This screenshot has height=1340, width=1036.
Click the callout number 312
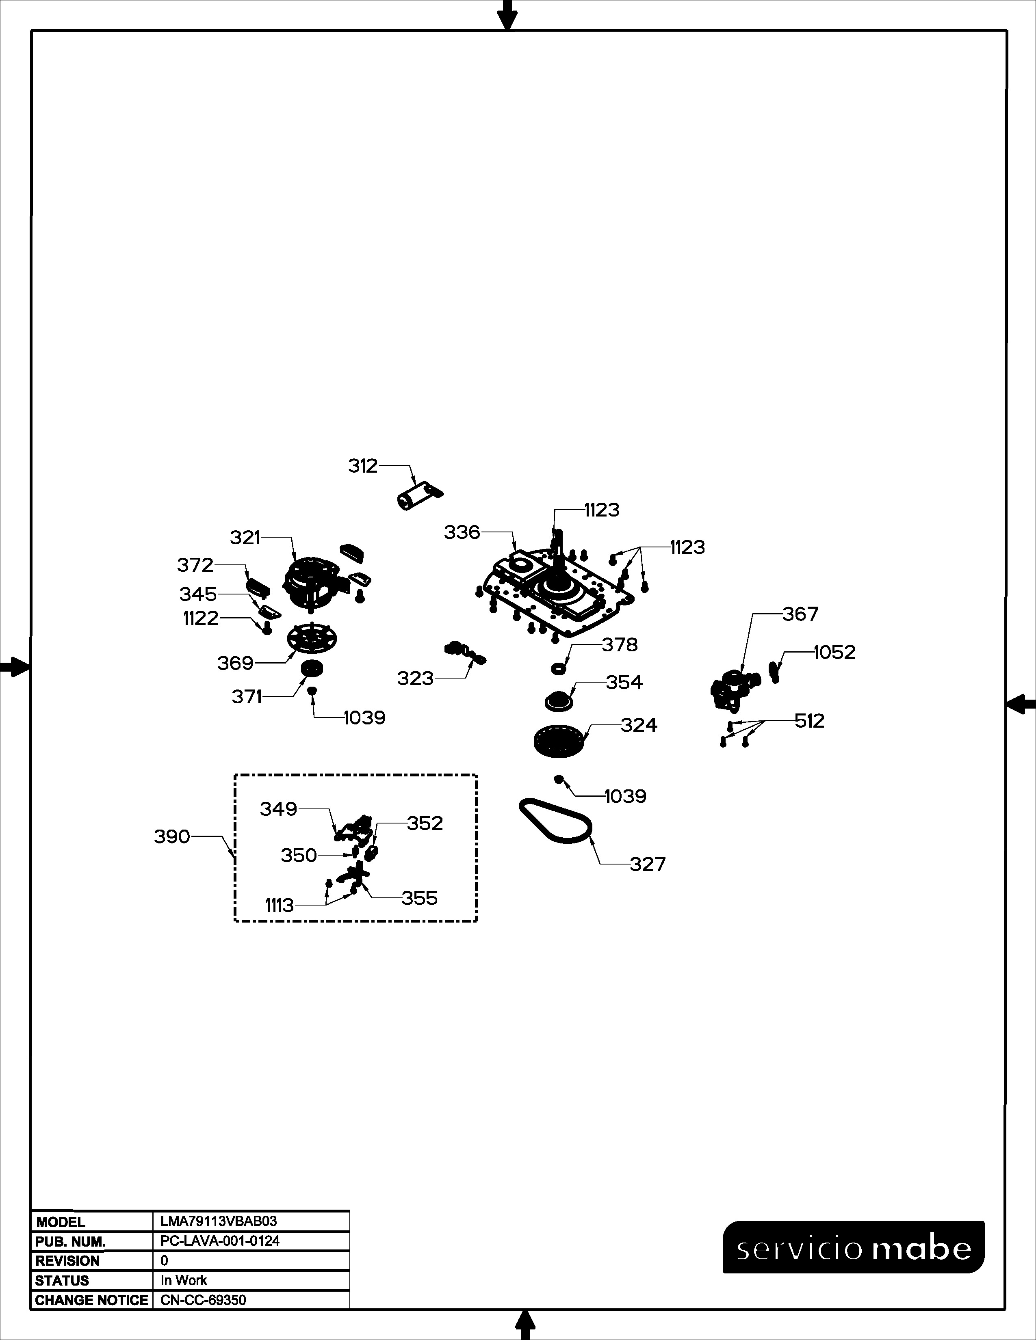[x=363, y=466]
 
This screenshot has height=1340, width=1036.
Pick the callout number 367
[x=800, y=614]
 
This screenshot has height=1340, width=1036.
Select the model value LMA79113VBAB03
[x=219, y=1221]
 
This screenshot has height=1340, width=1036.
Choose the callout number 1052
[x=835, y=652]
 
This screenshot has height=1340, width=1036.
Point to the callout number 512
[x=810, y=720]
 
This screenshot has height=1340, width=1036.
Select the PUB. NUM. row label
[x=71, y=1241]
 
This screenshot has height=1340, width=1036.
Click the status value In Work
[x=184, y=1280]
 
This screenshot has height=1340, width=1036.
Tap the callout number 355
[x=420, y=898]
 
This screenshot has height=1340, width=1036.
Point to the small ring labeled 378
[x=559, y=668]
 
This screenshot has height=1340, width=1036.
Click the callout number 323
[x=416, y=678]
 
